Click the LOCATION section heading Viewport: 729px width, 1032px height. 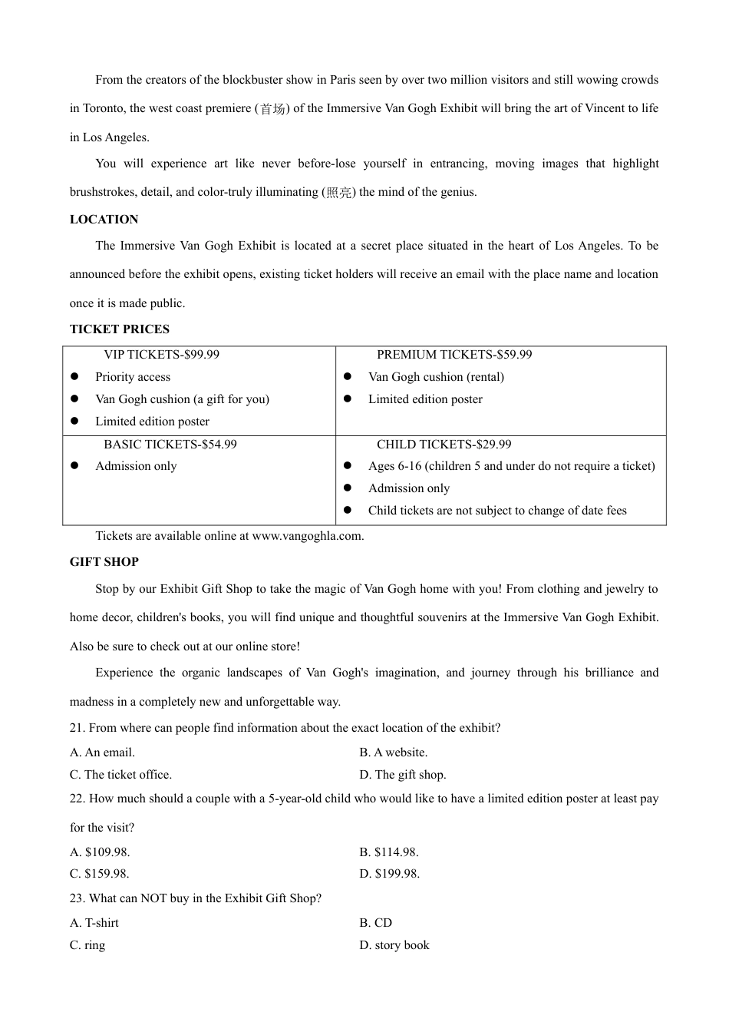[104, 220]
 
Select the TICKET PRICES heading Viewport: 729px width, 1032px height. [119, 329]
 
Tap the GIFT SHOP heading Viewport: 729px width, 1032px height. [104, 562]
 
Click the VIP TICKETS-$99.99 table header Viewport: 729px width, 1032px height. [161, 355]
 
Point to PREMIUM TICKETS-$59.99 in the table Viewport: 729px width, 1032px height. [454, 355]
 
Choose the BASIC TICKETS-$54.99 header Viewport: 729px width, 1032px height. [170, 445]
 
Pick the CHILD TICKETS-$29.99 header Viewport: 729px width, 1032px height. [444, 445]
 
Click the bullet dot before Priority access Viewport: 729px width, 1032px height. [74, 377]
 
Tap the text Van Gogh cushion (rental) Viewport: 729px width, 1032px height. [436, 377]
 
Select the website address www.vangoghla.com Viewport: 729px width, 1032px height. [307, 536]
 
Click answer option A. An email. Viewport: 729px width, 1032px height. [102, 752]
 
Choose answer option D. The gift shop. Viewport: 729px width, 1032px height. [402, 775]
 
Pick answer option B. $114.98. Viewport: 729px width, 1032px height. [388, 852]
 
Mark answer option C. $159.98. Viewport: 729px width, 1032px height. [99, 874]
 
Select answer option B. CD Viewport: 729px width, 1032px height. [375, 923]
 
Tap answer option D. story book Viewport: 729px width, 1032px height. [394, 945]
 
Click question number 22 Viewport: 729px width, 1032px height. [77, 799]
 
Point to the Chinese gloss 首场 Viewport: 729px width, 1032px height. [272, 109]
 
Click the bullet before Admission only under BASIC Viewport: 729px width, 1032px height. [74, 466]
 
